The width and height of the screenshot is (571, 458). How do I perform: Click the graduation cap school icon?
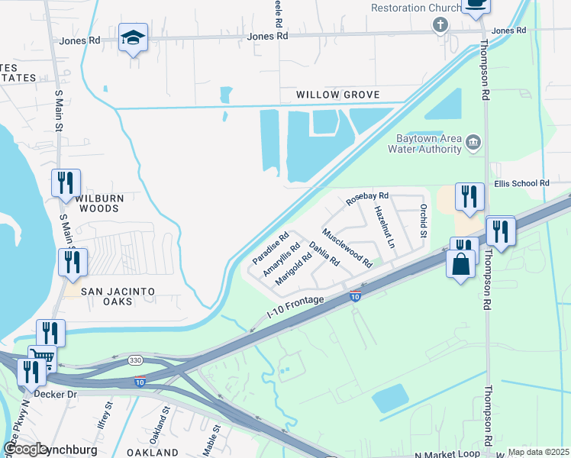coord(133,38)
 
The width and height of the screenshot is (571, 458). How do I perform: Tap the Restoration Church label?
coord(415,8)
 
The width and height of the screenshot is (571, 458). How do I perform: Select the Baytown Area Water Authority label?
coord(428,144)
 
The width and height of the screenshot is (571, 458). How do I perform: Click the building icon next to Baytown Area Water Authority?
coord(473,142)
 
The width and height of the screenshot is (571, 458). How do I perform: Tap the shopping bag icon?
coord(460,265)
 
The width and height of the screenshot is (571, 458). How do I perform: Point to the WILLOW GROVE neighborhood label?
coord(338,95)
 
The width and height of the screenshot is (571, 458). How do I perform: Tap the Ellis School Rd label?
coord(521,183)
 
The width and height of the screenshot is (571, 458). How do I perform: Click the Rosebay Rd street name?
coord(367,198)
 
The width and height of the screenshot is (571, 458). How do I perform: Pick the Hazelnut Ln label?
coord(383,227)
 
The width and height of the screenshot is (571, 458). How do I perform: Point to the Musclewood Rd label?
coord(347,248)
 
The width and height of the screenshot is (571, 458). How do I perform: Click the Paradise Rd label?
coord(271,245)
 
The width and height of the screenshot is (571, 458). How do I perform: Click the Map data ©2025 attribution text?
coord(537,452)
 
